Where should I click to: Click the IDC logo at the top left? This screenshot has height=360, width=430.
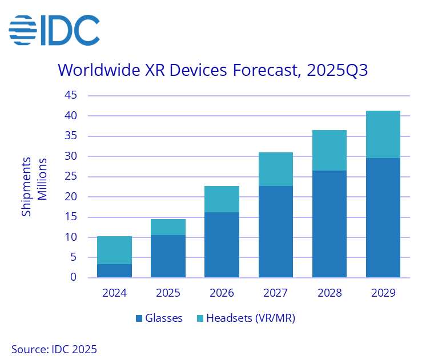[x=54, y=30]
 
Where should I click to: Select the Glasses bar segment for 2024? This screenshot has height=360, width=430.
[x=114, y=271]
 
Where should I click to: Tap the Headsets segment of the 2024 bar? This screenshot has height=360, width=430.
[x=114, y=250]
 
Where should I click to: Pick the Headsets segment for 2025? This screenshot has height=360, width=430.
[x=168, y=227]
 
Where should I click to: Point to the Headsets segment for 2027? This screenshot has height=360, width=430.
[x=275, y=169]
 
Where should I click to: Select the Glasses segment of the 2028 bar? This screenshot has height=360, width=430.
[x=329, y=224]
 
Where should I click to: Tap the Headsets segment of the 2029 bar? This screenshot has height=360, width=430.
[x=383, y=134]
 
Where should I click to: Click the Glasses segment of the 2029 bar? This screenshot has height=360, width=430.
[x=383, y=217]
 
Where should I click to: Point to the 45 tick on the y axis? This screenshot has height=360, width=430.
[x=70, y=95]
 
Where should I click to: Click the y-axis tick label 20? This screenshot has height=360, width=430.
[x=70, y=197]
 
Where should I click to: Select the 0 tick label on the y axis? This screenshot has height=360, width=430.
[x=74, y=278]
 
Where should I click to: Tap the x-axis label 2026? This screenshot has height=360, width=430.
[x=222, y=293]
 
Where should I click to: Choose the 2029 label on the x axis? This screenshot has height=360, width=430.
[x=383, y=293]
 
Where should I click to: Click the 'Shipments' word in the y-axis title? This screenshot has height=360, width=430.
[x=27, y=187]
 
